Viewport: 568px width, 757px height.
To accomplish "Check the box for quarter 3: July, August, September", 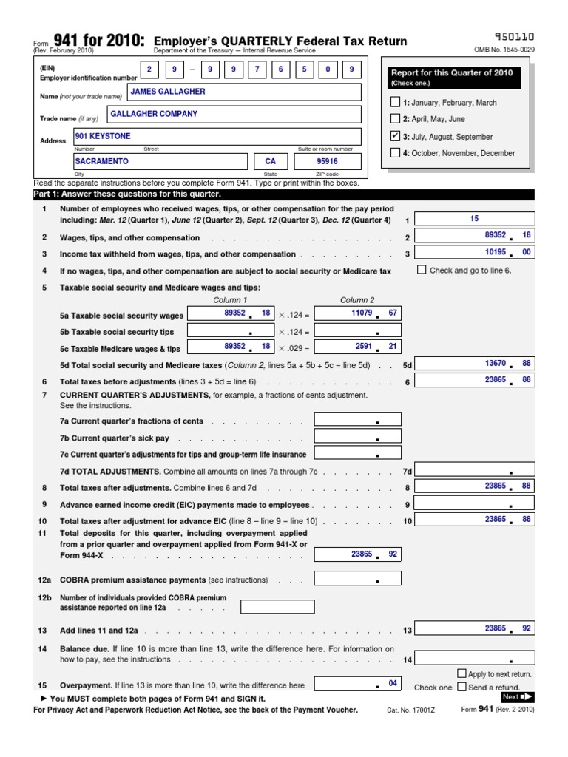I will [x=395, y=136].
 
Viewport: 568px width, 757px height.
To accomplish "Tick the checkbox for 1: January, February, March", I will [x=395, y=102].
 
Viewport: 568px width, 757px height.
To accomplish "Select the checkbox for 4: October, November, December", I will [x=395, y=153].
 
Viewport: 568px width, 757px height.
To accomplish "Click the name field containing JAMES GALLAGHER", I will [x=243, y=92].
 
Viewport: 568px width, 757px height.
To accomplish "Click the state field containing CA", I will [x=270, y=161].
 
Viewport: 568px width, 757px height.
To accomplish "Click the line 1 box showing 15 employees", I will [x=474, y=219].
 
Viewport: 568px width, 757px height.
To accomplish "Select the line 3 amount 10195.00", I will [x=474, y=253].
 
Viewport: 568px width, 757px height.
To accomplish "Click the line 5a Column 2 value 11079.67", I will [x=357, y=313].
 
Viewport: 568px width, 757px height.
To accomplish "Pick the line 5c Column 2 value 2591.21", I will [x=357, y=347].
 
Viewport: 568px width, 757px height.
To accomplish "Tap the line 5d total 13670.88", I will [x=474, y=364].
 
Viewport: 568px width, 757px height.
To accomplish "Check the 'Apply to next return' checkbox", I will [x=461, y=673].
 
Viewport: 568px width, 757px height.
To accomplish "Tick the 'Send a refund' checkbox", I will [x=461, y=687].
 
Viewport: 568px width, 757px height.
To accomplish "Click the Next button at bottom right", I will [x=517, y=696].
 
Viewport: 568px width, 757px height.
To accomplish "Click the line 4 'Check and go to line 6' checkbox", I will [x=422, y=270].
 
